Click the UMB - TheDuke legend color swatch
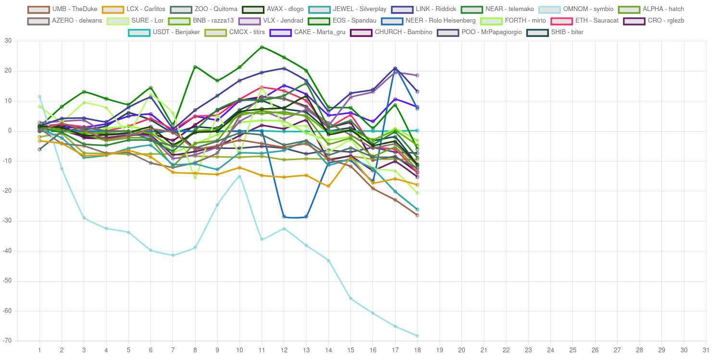(38, 9)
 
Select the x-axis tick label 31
(706, 350)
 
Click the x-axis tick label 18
(417, 350)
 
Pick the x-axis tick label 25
(573, 350)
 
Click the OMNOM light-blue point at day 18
(417, 335)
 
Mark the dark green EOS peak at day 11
(261, 47)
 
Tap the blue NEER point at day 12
(284, 216)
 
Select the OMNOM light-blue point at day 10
(239, 176)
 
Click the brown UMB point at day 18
(417, 215)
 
